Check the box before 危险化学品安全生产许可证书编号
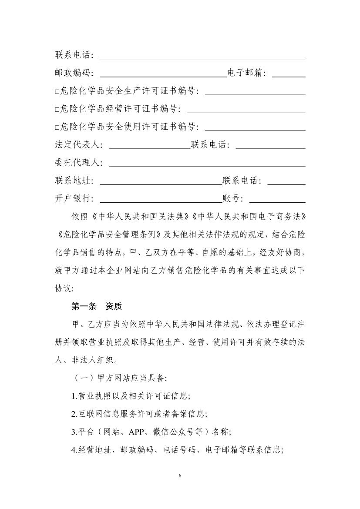tap(57, 92)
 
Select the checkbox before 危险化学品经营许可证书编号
tap(57, 110)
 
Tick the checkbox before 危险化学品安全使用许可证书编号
tap(57, 127)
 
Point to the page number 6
tap(180, 475)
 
